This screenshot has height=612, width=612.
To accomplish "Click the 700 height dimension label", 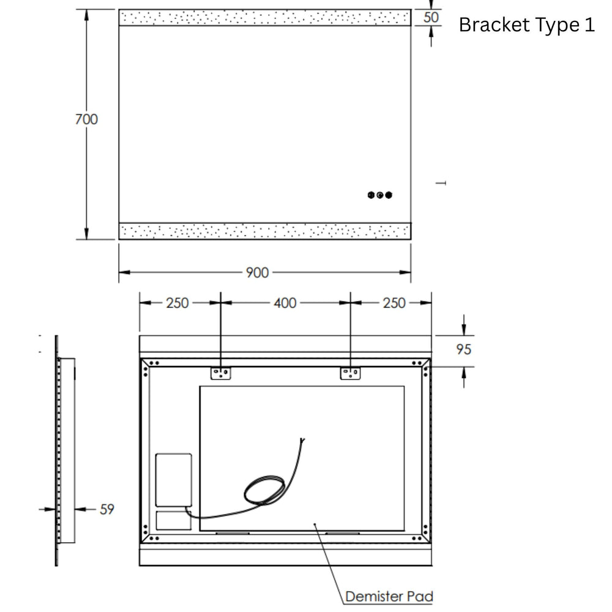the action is click(86, 119).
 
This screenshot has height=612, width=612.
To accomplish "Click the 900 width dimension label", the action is click(257, 272).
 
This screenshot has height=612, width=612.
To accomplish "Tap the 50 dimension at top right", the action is click(431, 17).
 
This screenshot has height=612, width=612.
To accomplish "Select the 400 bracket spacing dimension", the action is click(285, 303).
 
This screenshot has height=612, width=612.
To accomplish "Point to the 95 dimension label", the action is click(464, 349).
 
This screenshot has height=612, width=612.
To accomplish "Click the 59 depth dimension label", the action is click(107, 509).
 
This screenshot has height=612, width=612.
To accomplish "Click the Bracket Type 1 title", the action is click(526, 25).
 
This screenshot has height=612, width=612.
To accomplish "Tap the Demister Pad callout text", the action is click(389, 596).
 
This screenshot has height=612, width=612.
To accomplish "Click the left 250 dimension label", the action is click(177, 303).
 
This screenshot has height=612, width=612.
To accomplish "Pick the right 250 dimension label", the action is click(394, 303).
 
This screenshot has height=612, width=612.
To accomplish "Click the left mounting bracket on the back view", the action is click(220, 373).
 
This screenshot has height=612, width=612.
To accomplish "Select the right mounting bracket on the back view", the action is click(350, 373).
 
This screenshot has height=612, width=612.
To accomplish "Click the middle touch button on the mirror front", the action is click(380, 195).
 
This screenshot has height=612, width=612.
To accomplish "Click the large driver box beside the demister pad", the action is click(174, 480).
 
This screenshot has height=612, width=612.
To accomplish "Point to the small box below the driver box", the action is click(174, 520).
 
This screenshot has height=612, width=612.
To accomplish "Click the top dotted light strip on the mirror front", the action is click(264, 18).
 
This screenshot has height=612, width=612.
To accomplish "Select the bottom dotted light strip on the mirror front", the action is click(264, 231).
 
